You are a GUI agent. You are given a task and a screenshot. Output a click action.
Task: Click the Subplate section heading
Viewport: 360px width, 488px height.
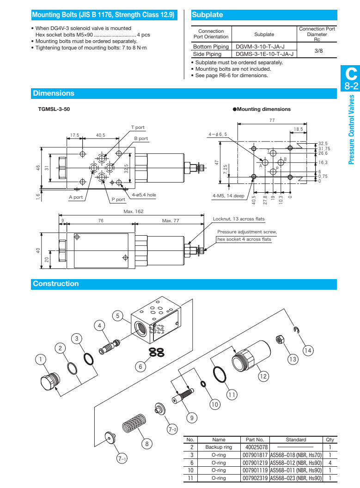207,15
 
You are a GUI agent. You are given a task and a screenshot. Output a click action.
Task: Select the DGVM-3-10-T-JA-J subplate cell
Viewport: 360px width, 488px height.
260,47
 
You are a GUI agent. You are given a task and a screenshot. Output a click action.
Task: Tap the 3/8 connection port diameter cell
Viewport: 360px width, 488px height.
318,50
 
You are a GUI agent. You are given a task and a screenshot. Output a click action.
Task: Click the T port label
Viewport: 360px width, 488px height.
138,128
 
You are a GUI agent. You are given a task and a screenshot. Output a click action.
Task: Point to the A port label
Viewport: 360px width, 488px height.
76,197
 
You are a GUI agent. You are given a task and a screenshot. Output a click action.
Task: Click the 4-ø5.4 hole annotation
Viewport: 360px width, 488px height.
144,195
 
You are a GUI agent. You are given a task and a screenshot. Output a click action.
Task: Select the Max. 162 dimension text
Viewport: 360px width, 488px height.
134,211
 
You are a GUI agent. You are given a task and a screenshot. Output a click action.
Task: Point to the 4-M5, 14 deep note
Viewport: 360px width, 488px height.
228,195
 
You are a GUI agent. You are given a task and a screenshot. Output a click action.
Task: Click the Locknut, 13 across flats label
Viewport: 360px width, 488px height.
239,219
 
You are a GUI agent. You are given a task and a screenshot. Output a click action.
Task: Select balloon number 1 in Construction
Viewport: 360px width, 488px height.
41,359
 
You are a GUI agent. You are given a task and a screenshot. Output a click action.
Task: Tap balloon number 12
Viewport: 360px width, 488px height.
263,376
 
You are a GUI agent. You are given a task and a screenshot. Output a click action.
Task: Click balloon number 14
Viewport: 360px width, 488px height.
308,351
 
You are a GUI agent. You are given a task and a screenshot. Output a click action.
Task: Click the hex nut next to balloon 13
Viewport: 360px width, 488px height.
279,340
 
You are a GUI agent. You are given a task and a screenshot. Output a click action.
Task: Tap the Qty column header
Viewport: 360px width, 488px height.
329,440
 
